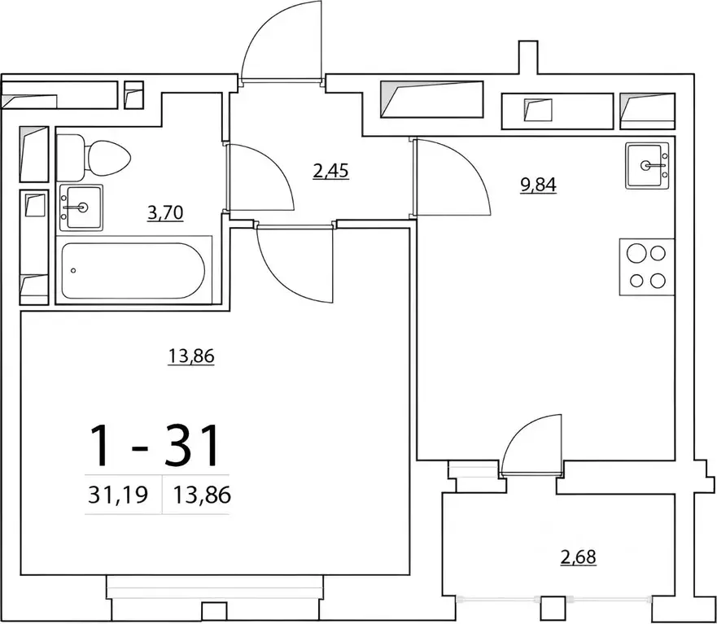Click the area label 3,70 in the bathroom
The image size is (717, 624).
click(165, 213)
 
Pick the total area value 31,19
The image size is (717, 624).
click(117, 495)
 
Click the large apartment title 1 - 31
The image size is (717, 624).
click(155, 445)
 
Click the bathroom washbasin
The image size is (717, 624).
click(81, 207)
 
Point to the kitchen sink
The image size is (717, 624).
click(648, 165)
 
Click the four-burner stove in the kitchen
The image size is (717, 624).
click(647, 266)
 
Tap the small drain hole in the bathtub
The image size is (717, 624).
click(74, 270)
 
